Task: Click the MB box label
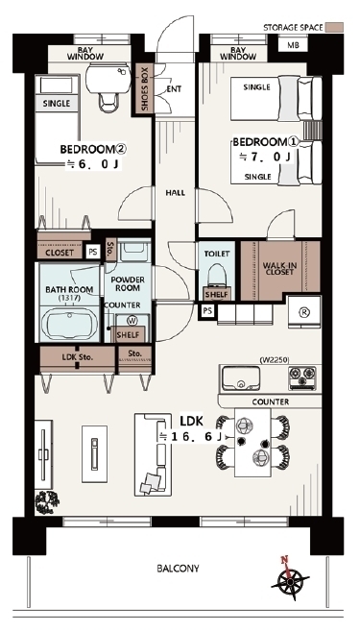click(293, 45)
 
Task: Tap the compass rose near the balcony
click(290, 578)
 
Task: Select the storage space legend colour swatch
click(334, 28)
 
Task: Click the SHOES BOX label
click(145, 89)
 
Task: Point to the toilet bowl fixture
click(217, 275)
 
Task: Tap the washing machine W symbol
click(131, 321)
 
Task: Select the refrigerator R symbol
click(303, 311)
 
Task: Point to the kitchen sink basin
click(241, 378)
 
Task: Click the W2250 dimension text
click(275, 360)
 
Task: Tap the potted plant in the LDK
click(46, 501)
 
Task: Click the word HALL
click(176, 193)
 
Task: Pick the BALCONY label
click(178, 569)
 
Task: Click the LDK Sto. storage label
click(78, 356)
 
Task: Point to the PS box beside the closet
click(93, 253)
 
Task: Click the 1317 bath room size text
click(69, 298)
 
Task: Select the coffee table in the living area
click(95, 454)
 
